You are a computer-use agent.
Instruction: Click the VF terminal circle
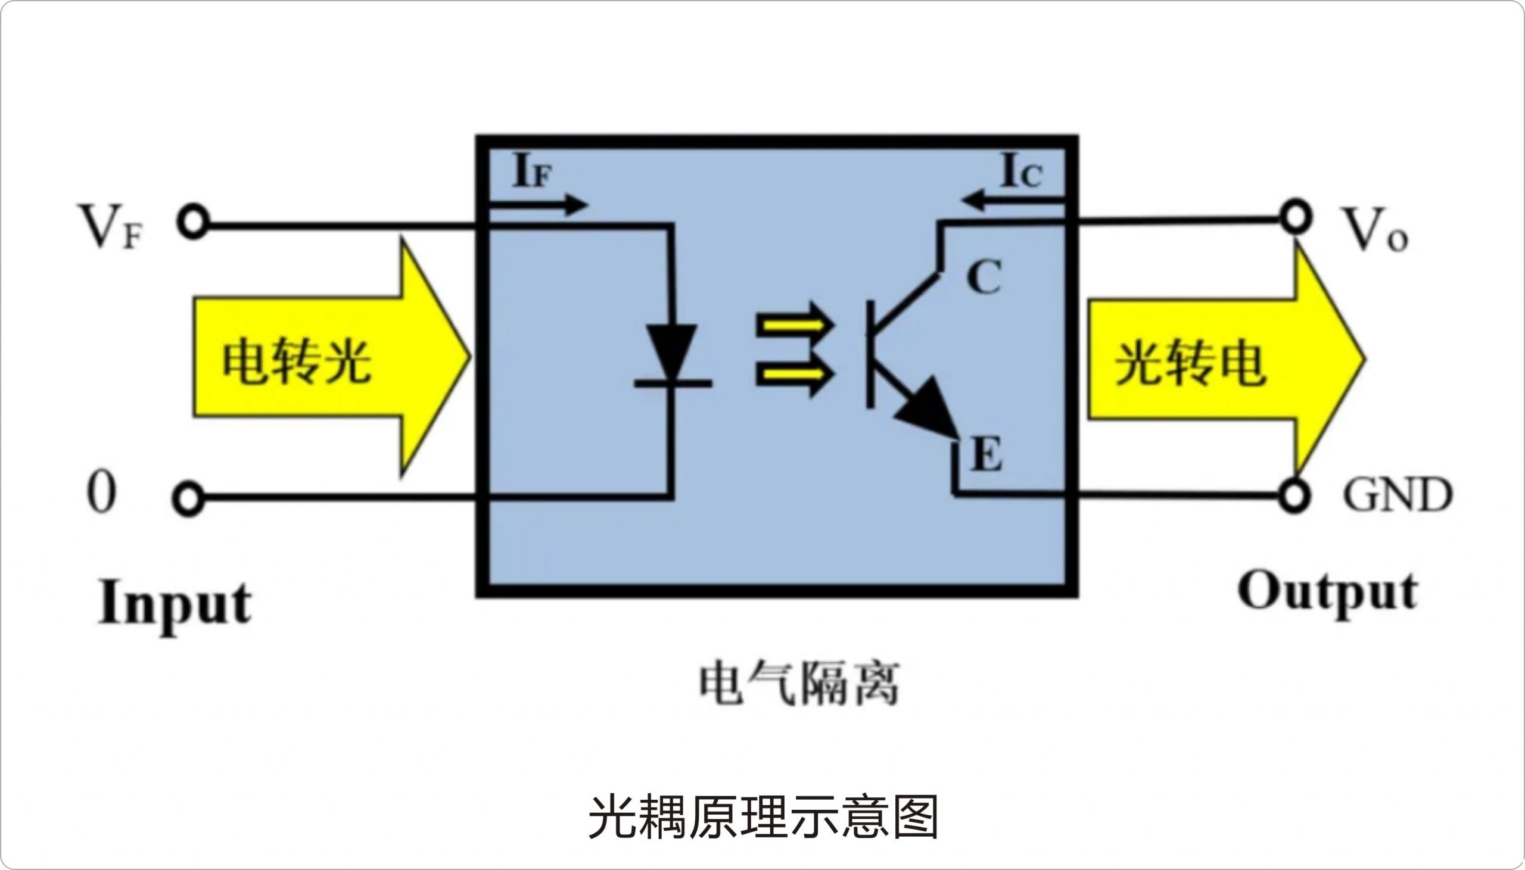pos(192,223)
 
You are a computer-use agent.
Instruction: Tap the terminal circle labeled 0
pos(188,499)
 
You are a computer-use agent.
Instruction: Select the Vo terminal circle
pos(1295,219)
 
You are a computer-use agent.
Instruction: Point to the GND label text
pos(1397,495)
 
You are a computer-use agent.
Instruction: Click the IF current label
pos(532,171)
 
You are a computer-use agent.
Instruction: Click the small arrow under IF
pos(538,205)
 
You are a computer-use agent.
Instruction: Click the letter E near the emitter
pos(986,454)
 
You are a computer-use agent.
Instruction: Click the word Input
pos(175,604)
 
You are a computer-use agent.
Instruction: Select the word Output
pos(1327,592)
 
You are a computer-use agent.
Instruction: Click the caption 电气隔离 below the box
pos(799,685)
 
